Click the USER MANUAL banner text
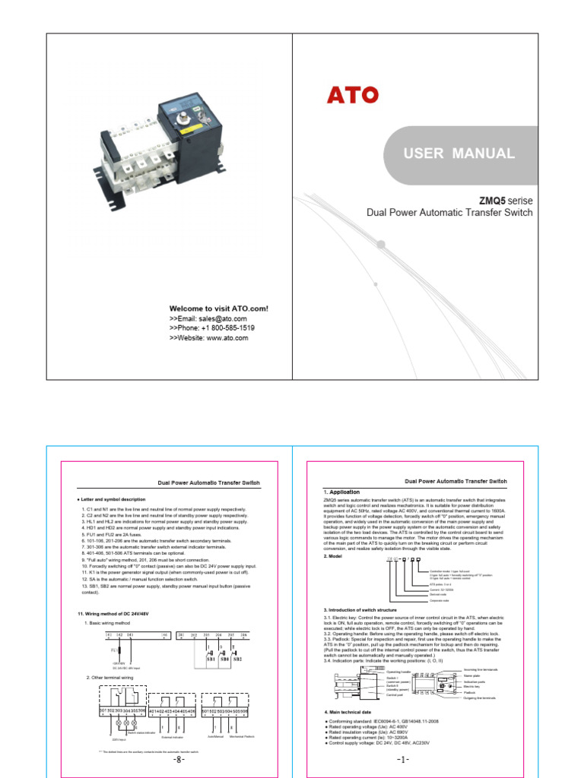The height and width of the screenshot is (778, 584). [x=459, y=153]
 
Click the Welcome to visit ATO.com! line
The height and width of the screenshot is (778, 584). [x=218, y=308]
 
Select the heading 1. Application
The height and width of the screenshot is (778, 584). [x=344, y=492]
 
